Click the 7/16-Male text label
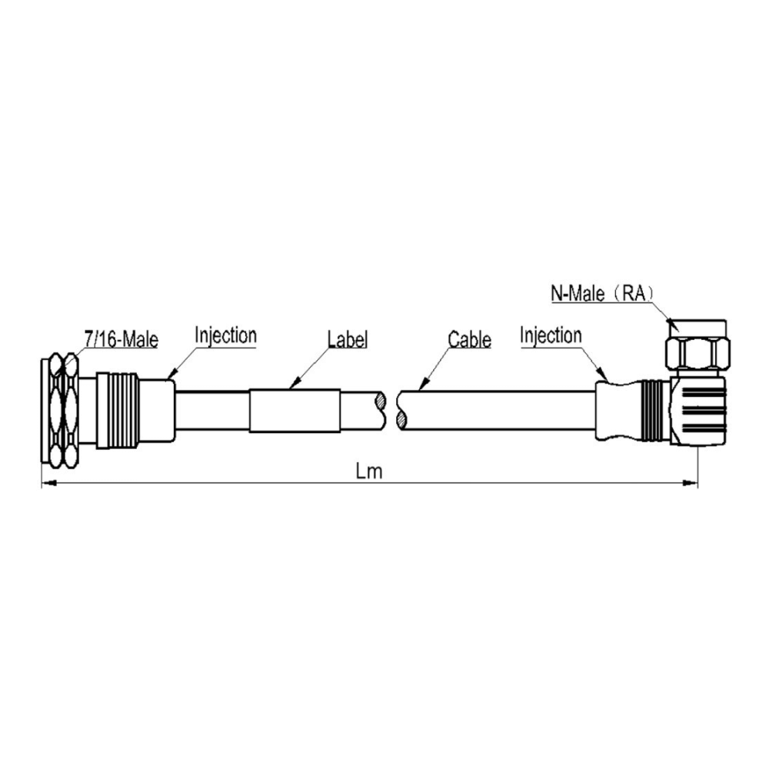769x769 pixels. tap(122, 339)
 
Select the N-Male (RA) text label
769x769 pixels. tap(603, 293)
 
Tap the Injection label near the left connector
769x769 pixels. tap(225, 336)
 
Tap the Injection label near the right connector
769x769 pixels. tap(551, 336)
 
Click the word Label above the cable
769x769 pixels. tap(348, 339)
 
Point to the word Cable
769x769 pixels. tap(469, 339)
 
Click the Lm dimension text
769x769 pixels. tap(369, 471)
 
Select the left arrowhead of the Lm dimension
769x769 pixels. tap(48, 484)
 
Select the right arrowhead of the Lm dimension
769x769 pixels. tap(691, 483)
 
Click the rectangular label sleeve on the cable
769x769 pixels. tap(295, 411)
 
